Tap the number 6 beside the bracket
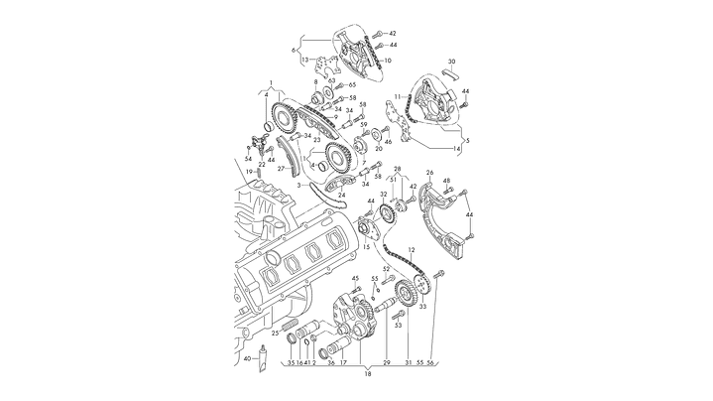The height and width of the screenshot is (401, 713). [x=293, y=49]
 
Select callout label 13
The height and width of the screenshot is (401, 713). [x=305, y=60]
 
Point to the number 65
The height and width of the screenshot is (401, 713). [x=351, y=85]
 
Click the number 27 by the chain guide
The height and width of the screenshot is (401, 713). [x=281, y=169]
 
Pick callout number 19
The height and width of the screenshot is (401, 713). [x=250, y=172]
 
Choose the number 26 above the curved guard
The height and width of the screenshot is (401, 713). [x=429, y=173]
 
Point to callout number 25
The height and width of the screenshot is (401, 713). [x=275, y=334]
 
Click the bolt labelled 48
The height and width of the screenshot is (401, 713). [x=449, y=191]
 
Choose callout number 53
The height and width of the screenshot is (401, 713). [x=399, y=324]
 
